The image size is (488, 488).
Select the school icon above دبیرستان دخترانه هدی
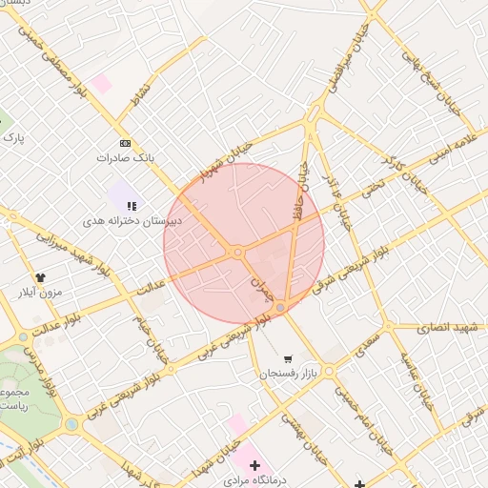[132, 206]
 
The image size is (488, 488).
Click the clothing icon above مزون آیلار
[40, 277]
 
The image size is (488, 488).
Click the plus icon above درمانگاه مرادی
[254, 464]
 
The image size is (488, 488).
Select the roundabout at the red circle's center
[236, 252]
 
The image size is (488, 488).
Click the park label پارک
[12, 139]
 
